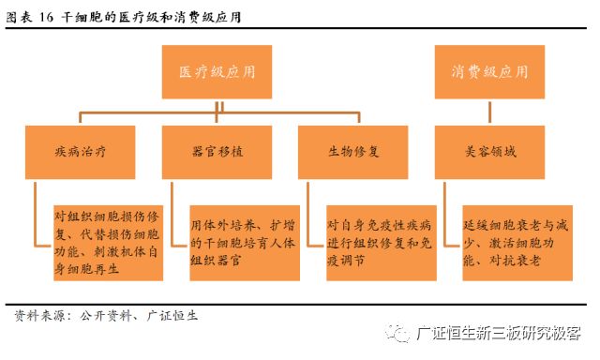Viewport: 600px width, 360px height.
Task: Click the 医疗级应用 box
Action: pyautogui.click(x=217, y=73)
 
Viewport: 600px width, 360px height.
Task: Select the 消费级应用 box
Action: pyautogui.click(x=488, y=73)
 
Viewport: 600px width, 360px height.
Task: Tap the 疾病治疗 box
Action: pyautogui.click(x=82, y=151)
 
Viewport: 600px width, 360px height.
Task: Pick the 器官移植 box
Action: pyautogui.click(x=217, y=151)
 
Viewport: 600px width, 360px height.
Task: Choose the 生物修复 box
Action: pyautogui.click(x=352, y=151)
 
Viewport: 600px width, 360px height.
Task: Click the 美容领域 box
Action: pyautogui.click(x=488, y=151)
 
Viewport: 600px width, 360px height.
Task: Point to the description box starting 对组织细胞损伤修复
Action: pyautogui.click(x=108, y=242)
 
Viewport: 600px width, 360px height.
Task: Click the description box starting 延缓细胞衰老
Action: pyautogui.click(x=517, y=242)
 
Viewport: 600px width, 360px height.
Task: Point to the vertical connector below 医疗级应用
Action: pyautogui.click(x=217, y=106)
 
